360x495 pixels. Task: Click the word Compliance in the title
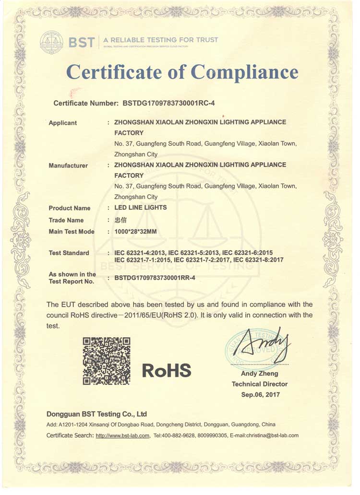[244, 72]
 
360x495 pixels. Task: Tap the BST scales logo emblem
[51, 42]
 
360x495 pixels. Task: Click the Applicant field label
[63, 123]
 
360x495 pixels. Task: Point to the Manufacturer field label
[68, 165]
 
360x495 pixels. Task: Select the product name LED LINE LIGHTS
[141, 208]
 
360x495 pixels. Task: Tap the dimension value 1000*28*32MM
[136, 232]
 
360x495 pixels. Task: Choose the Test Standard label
[69, 253]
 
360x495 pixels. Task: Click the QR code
[107, 361]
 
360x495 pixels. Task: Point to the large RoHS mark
[167, 370]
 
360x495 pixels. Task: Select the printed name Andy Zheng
[260, 373]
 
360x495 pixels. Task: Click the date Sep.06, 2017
[260, 395]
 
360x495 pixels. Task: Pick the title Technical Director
[260, 384]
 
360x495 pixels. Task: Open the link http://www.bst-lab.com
[123, 436]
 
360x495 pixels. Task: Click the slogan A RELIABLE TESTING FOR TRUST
[160, 40]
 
